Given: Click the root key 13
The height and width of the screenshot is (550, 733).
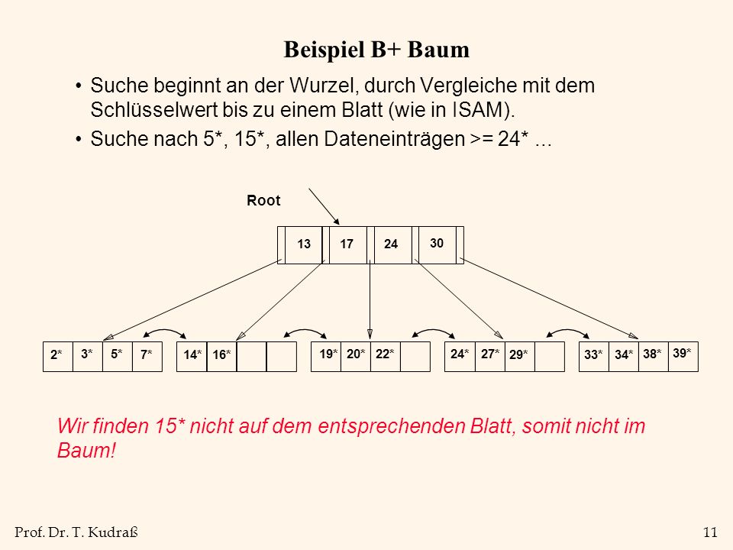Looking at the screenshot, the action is (x=304, y=244).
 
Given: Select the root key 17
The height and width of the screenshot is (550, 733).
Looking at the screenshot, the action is (x=347, y=244).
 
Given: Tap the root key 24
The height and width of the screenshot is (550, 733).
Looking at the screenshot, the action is (x=391, y=244).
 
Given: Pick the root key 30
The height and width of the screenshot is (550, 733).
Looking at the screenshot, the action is (x=437, y=243).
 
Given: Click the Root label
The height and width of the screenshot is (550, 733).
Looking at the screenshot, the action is (x=263, y=201).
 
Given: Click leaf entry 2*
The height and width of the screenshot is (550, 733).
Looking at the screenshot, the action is (x=56, y=354).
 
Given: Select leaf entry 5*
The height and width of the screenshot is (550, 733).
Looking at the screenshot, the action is (x=116, y=354).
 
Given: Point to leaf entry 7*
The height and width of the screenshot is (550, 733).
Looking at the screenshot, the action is (x=147, y=354).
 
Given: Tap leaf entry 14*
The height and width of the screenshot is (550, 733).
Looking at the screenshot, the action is (x=192, y=354).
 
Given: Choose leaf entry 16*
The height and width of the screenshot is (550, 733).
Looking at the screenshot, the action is (x=221, y=354).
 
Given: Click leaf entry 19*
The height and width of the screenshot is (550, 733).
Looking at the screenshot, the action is (x=328, y=354).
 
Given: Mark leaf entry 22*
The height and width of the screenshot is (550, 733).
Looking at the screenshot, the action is (x=385, y=354).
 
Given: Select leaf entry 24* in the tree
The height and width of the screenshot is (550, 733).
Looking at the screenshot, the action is (x=460, y=354).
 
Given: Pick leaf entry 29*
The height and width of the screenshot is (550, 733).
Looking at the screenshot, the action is (x=518, y=354).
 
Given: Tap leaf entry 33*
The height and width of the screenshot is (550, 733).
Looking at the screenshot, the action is (x=594, y=354).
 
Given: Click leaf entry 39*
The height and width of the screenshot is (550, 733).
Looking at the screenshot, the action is (x=682, y=353).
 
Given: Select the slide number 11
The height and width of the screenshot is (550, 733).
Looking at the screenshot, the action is (x=711, y=532).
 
